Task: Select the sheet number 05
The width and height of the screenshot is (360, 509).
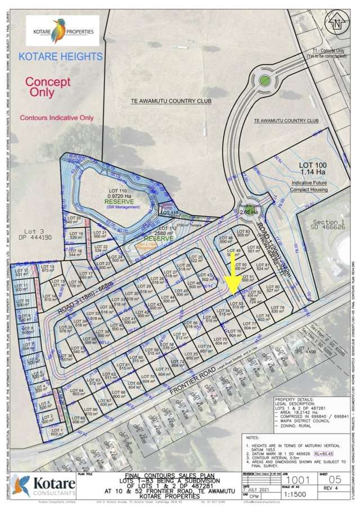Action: tap(336, 474)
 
